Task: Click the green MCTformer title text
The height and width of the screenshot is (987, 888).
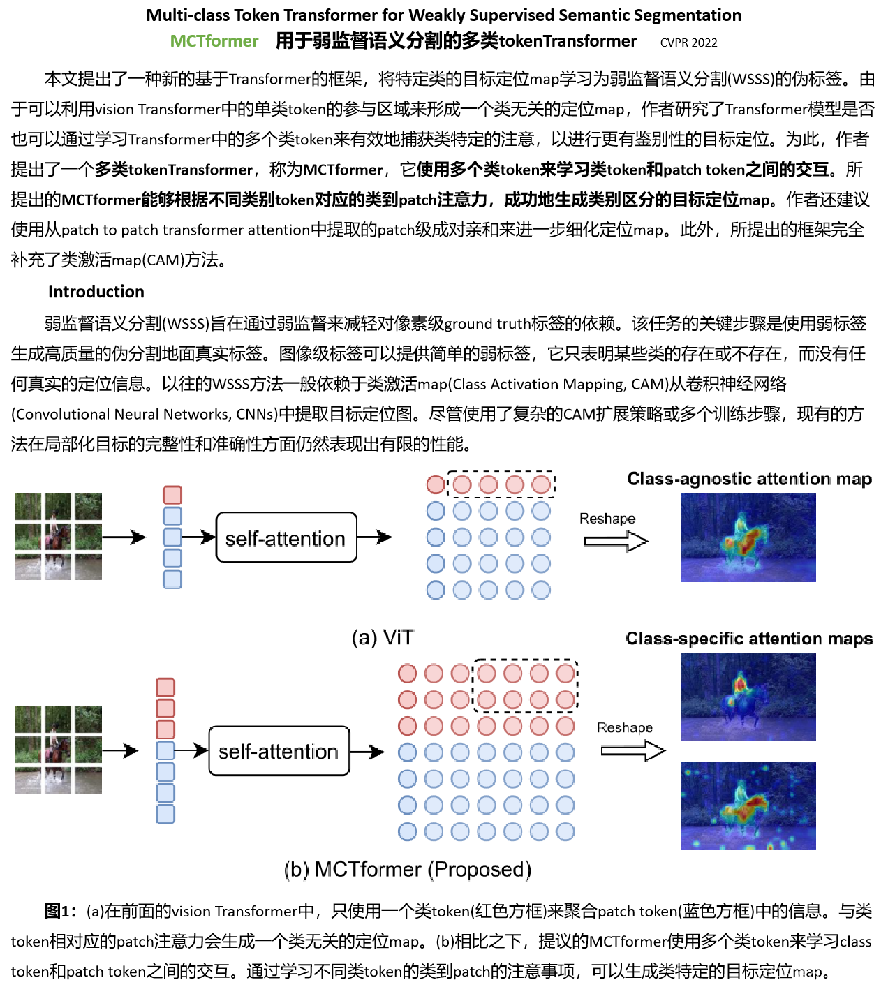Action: (214, 41)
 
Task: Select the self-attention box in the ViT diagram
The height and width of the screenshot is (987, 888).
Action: (286, 537)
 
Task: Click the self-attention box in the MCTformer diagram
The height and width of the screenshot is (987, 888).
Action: (279, 751)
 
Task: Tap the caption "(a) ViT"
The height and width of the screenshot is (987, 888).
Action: (383, 637)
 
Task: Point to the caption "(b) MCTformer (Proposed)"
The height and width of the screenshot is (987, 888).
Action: (408, 869)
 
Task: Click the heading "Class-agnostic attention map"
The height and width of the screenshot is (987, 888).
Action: (749, 479)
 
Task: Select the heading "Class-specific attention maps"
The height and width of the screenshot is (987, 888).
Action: (749, 639)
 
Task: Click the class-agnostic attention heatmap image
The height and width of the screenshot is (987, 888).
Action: (748, 537)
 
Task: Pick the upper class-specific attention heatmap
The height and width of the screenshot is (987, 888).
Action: (748, 697)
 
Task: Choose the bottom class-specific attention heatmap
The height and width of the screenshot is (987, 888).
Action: (748, 806)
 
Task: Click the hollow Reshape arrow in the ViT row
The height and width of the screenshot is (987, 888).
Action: (616, 541)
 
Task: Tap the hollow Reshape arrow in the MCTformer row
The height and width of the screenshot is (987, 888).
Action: (633, 750)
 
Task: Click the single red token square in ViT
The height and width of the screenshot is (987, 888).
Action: (172, 495)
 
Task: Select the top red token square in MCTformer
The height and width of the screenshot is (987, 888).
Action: (165, 687)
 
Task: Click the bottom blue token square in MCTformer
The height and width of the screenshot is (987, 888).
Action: (165, 814)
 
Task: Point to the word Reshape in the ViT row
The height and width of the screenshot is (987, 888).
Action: (607, 519)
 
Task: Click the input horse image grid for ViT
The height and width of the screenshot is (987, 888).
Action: (58, 537)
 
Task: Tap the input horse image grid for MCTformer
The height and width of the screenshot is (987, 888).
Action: (58, 750)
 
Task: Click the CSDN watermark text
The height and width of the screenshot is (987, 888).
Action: (816, 972)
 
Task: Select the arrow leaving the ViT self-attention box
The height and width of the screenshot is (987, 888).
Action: (374, 537)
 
